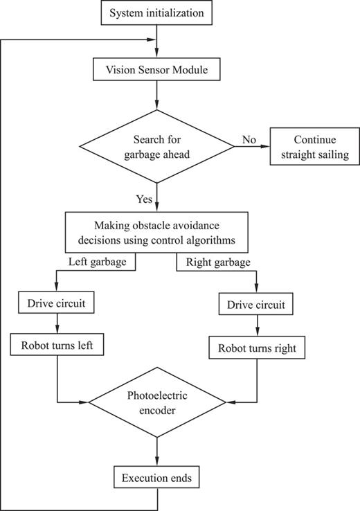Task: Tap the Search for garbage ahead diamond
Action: click(x=157, y=146)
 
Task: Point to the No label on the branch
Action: click(x=249, y=139)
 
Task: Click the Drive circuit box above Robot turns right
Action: click(x=257, y=304)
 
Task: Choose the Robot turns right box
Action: click(x=257, y=348)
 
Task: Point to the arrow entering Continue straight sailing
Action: click(x=253, y=146)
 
